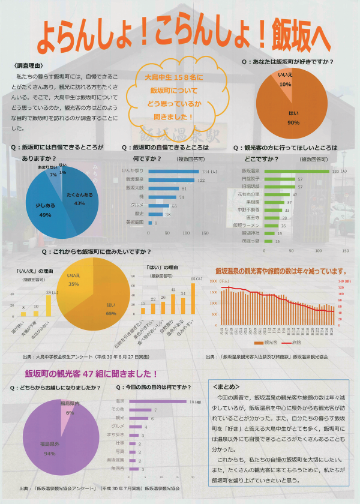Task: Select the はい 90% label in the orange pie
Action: click(x=293, y=117)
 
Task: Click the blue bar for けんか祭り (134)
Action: click(x=173, y=171)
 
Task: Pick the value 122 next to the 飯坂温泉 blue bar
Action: click(x=202, y=179)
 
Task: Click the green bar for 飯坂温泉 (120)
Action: click(x=289, y=171)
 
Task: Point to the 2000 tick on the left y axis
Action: click(x=214, y=290)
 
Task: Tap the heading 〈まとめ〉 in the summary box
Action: click(x=223, y=386)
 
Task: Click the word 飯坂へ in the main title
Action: click(x=299, y=37)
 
